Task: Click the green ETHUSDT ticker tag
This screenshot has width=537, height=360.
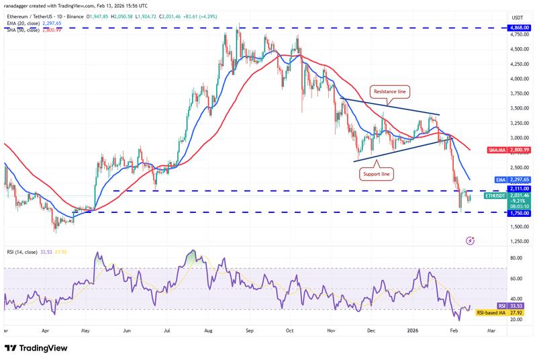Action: coord(497,195)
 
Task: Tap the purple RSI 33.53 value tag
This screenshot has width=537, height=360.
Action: coord(515,306)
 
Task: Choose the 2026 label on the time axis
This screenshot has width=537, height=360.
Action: coord(413,331)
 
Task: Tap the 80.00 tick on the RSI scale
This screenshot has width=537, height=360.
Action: coord(517,257)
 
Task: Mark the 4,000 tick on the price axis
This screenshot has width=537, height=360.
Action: coord(517,79)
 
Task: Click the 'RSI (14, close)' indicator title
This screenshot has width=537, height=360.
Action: coord(23,252)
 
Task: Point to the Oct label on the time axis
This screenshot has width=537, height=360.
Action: coord(290,331)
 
